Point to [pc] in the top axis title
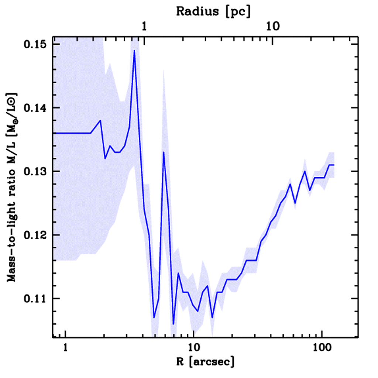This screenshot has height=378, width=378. tap(240, 11)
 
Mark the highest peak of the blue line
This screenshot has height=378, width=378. tap(134, 51)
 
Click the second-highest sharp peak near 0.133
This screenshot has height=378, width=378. tap(163, 152)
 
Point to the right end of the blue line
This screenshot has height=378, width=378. tap(334, 165)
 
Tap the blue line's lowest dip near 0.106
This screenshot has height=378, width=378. tap(173, 324)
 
